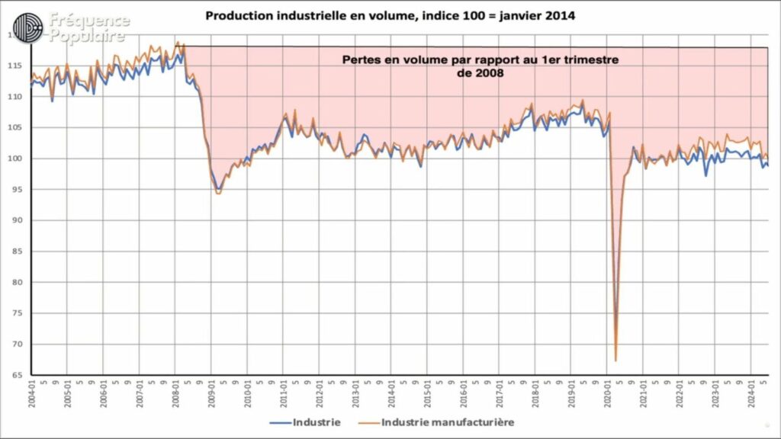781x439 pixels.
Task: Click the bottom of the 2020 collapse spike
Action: tap(615, 360)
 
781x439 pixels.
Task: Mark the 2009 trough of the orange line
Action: tap(218, 194)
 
